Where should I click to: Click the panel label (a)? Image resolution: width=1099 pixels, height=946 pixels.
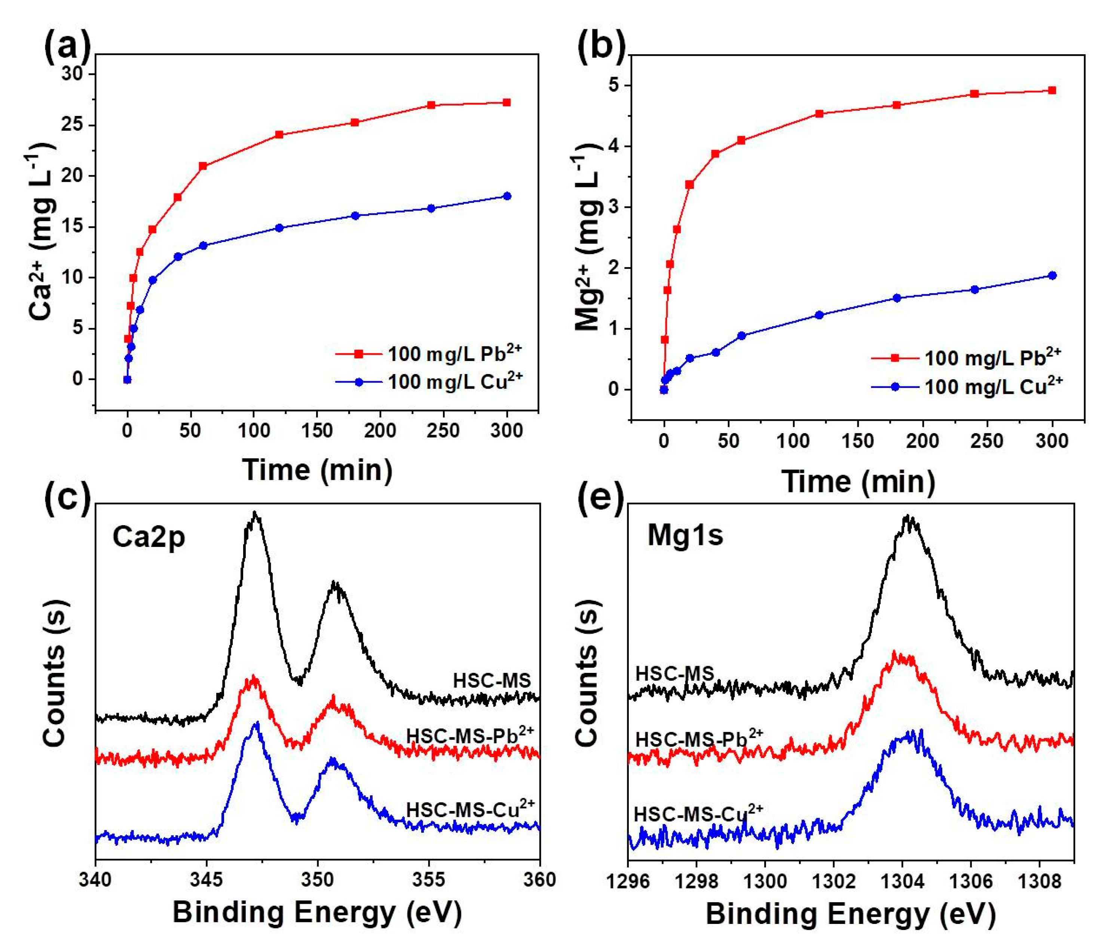[x=67, y=48]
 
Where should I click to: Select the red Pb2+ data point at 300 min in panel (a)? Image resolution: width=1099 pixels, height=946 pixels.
[x=506, y=102]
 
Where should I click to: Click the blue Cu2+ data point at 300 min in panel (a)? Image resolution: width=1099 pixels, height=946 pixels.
[x=506, y=196]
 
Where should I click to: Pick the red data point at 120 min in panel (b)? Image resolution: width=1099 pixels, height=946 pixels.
[x=818, y=113]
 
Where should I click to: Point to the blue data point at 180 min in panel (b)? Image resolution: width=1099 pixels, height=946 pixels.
[x=897, y=298]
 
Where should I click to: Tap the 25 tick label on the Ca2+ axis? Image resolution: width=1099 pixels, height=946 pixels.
[x=72, y=125]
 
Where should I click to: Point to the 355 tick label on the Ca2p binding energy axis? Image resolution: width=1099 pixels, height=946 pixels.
[x=429, y=879]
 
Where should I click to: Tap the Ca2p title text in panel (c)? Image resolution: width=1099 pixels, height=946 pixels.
[x=149, y=537]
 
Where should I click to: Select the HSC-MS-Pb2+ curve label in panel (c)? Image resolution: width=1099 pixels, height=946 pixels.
[x=469, y=735]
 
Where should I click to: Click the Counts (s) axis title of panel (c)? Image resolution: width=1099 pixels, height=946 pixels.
[x=55, y=673]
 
